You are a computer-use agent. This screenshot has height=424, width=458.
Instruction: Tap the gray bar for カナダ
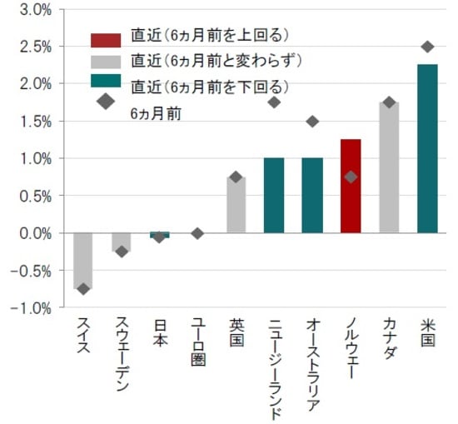(389, 167)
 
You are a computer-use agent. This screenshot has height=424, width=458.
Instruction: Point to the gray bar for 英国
(236, 204)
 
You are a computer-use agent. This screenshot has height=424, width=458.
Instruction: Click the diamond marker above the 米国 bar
(426, 47)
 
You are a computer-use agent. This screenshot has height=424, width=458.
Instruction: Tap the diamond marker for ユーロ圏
(197, 233)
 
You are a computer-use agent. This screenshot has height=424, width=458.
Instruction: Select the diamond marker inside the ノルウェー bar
(351, 177)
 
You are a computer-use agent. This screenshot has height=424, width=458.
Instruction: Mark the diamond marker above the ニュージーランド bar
(274, 102)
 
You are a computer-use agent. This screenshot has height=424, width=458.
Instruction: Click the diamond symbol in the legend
(106, 102)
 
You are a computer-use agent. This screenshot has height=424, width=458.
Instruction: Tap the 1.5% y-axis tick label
(31, 122)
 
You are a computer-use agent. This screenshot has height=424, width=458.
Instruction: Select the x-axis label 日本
(159, 332)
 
